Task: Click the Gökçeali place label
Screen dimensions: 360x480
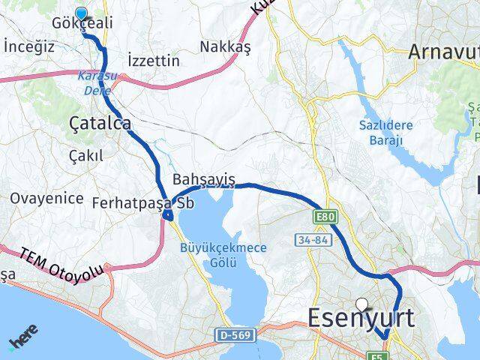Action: tap(82, 24)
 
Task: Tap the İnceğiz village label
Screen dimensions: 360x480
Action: tap(29, 46)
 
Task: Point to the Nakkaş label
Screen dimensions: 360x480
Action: tap(225, 46)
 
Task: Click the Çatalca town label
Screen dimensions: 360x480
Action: tap(100, 123)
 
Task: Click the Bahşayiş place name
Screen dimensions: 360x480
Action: tap(204, 179)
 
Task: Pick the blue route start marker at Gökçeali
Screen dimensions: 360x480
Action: tap(81, 13)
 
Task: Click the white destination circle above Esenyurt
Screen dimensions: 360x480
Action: tap(363, 304)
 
